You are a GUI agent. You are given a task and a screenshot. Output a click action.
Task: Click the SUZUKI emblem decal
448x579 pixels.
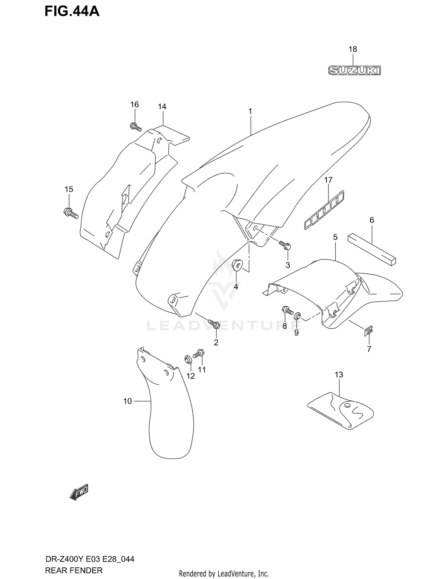[354, 70]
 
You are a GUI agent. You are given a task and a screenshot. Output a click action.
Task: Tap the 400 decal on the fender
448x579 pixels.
[324, 211]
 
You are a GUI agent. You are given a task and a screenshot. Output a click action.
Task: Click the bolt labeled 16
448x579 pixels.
[135, 127]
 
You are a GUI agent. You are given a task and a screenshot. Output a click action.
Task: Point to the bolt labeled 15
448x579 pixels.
[71, 213]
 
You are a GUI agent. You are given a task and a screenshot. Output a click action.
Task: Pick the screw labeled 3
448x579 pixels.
[285, 245]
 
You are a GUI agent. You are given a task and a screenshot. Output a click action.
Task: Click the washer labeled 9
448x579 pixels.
[297, 316]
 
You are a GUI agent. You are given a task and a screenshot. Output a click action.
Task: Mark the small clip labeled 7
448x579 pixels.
[369, 331]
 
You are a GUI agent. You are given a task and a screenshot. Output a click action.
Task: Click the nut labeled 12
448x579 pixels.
[188, 359]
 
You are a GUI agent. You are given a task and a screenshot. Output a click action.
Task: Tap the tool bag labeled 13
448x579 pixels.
[340, 410]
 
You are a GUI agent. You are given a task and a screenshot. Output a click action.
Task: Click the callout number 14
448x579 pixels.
[162, 106]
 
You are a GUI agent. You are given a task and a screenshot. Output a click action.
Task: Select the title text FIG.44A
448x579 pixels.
[72, 11]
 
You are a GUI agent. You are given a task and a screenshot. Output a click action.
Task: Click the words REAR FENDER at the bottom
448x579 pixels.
[73, 570]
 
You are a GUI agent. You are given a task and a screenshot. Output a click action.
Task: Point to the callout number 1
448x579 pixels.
[250, 111]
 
